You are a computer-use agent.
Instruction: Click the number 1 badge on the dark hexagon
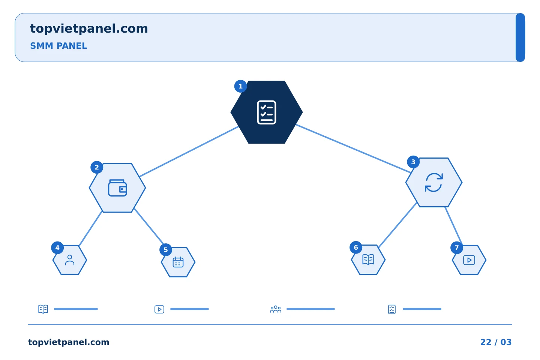(x=240, y=86)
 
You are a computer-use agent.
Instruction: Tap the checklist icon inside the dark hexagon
(x=266, y=112)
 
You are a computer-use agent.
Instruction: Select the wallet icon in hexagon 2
(x=117, y=188)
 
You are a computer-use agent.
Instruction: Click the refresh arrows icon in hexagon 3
(x=433, y=183)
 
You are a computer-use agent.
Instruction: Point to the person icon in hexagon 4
(x=70, y=260)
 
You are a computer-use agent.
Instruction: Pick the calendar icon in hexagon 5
(x=178, y=262)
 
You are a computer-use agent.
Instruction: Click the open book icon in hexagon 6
(x=368, y=260)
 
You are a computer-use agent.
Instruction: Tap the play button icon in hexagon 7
(x=469, y=260)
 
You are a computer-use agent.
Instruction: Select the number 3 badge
(x=413, y=162)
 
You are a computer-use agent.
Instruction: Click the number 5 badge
(x=166, y=250)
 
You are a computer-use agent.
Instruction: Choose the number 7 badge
(x=457, y=247)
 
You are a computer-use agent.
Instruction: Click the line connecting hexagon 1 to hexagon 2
(x=189, y=151)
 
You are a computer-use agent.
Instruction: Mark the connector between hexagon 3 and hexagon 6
(x=397, y=225)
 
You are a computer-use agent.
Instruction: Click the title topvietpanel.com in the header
(x=89, y=29)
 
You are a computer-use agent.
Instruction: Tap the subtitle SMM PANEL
(x=58, y=46)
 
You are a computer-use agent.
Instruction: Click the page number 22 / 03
(x=496, y=342)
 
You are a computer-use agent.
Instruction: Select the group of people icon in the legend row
(x=276, y=309)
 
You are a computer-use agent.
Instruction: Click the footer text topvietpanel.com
(x=69, y=342)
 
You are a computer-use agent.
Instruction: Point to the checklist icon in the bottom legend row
(x=392, y=309)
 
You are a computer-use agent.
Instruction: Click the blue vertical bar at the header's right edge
(x=520, y=37)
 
